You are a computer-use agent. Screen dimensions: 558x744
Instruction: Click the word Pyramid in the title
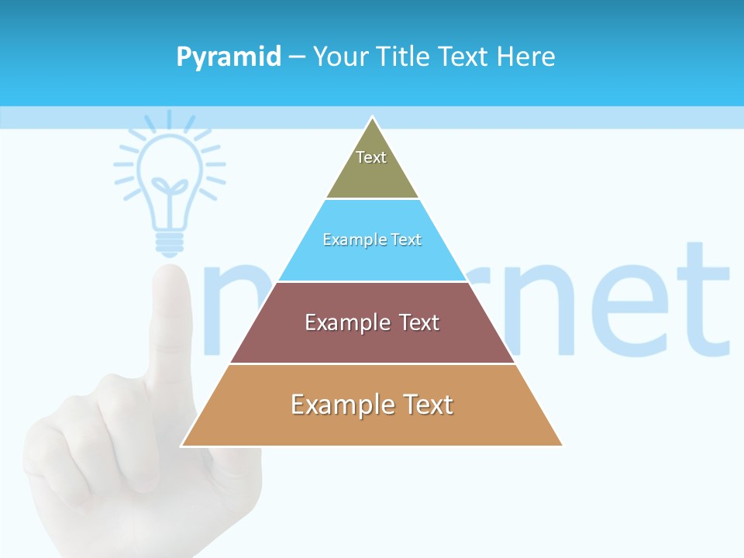(x=229, y=57)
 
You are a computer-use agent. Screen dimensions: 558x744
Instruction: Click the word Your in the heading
(x=340, y=57)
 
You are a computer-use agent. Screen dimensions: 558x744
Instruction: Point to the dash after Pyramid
(x=296, y=57)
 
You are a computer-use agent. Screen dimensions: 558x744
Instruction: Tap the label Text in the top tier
(x=371, y=157)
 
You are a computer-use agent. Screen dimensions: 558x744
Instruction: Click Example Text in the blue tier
(x=372, y=239)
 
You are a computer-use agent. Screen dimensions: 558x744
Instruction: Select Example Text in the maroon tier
(x=372, y=322)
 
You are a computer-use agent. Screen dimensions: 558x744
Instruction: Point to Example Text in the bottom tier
(x=372, y=405)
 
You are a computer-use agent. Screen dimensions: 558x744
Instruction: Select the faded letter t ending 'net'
(x=702, y=302)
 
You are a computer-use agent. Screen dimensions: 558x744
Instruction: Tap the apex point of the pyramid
(x=373, y=118)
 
